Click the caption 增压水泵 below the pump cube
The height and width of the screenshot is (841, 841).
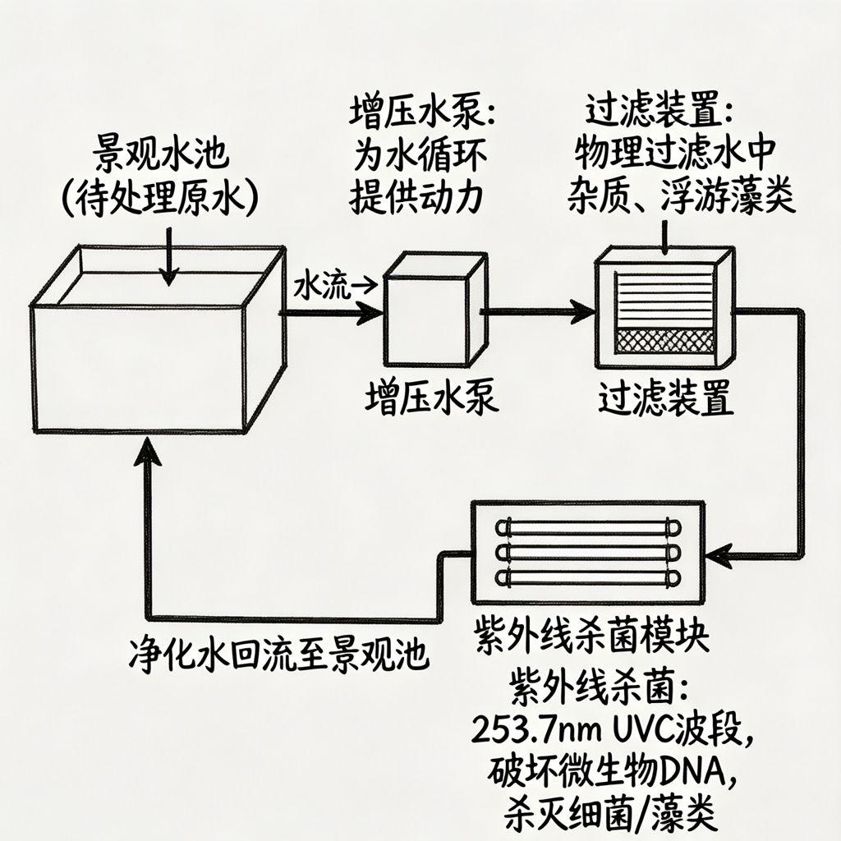[x=431, y=399]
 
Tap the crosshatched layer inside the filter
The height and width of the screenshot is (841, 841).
[x=664, y=340]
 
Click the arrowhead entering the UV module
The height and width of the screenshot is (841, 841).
[x=719, y=557]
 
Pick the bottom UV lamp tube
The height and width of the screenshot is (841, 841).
[x=589, y=577]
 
